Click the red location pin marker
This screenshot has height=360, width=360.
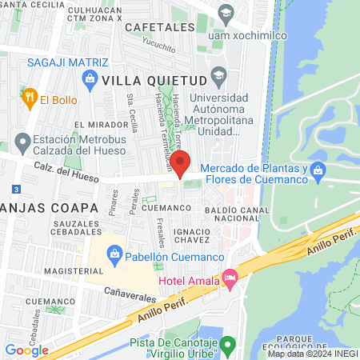click(x=181, y=162)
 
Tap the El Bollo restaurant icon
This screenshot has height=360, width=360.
click(x=30, y=98)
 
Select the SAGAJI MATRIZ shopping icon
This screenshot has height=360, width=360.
click(x=89, y=78)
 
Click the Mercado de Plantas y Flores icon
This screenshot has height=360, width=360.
click(x=318, y=170)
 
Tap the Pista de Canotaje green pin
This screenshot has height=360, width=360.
click(x=229, y=347)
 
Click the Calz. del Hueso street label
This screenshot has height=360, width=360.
click(x=65, y=170)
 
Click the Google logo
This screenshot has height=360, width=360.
click(x=26, y=350)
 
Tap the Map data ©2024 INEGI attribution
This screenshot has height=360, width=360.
click(x=311, y=354)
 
